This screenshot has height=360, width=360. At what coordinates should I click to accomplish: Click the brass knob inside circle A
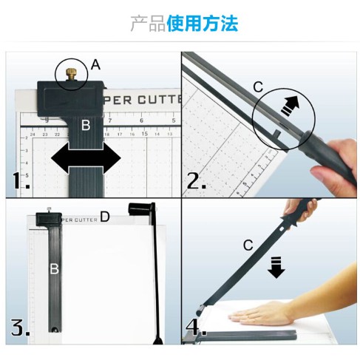[71, 75]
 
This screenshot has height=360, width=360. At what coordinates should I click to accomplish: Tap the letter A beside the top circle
[95, 65]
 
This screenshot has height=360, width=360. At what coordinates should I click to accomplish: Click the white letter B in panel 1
[86, 125]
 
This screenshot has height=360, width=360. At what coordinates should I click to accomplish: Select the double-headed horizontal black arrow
[86, 158]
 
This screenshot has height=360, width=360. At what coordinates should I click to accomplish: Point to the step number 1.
[21, 180]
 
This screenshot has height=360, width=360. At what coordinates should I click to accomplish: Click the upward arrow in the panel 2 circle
[291, 105]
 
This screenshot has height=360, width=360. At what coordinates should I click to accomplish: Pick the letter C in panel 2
[258, 87]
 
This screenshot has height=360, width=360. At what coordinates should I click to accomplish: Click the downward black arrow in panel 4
[276, 268]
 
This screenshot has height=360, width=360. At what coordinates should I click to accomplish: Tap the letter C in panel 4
[248, 245]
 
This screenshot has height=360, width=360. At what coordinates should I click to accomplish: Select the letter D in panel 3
[105, 217]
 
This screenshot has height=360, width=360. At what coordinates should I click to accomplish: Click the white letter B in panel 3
[54, 268]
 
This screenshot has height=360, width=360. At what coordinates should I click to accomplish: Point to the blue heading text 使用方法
[203, 24]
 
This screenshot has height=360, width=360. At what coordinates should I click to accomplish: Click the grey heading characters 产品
[148, 24]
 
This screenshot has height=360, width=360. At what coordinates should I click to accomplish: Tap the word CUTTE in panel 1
[160, 100]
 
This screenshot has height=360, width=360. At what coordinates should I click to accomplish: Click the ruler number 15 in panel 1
[145, 134]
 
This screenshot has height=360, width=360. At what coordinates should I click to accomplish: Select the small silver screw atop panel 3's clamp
[49, 209]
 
